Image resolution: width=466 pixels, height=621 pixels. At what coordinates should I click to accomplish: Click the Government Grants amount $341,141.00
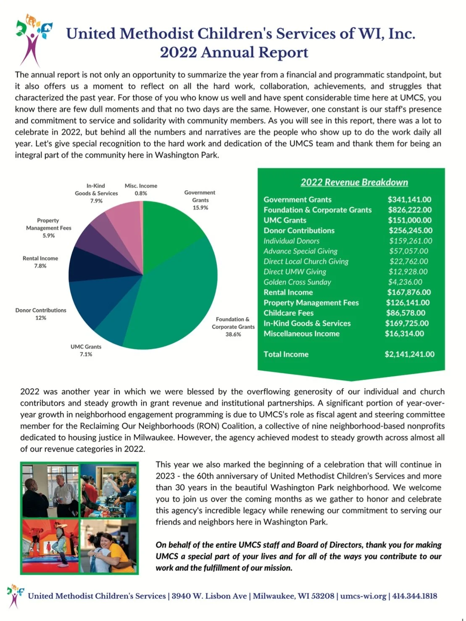[409, 199]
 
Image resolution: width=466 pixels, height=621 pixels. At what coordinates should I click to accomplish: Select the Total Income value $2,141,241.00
[409, 354]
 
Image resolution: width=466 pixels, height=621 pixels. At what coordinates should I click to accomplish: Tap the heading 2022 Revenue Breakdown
[354, 182]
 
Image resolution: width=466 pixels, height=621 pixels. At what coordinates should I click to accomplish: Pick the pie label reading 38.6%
[233, 334]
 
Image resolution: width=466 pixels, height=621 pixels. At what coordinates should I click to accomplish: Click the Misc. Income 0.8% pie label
[141, 189]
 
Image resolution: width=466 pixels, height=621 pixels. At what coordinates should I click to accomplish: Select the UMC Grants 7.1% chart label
[86, 350]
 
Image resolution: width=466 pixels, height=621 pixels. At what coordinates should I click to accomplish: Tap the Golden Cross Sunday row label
[297, 282]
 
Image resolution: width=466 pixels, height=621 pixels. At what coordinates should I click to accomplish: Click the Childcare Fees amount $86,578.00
[405, 313]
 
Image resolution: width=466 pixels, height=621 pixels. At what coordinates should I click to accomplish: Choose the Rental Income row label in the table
[288, 292]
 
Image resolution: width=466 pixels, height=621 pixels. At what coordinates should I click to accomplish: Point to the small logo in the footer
[15, 595]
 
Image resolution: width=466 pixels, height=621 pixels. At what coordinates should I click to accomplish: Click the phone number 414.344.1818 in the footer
[414, 596]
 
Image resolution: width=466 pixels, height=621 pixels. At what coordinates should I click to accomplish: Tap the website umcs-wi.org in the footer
[363, 596]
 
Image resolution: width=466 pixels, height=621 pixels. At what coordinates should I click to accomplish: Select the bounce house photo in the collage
[50, 546]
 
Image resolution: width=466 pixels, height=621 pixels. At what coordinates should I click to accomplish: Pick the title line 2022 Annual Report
[234, 52]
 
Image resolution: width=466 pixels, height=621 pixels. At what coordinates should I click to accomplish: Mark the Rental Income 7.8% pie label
[40, 262]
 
